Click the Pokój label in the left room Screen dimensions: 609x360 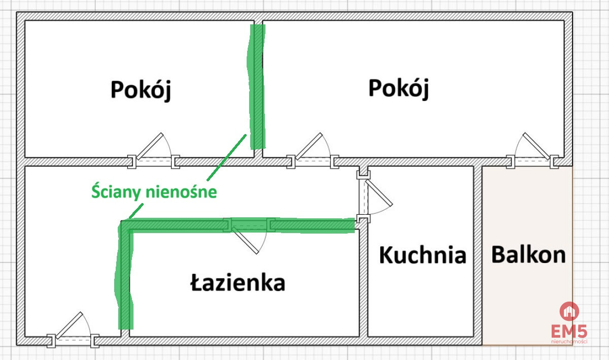point(141,90)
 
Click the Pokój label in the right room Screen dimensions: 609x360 point(398,89)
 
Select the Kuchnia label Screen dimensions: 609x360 point(423,255)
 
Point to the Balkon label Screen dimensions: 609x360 point(528,254)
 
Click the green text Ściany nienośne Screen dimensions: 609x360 point(154,192)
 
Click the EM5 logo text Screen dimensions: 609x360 point(569,331)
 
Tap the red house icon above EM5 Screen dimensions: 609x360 point(569,311)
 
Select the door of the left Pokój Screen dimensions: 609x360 point(154,150)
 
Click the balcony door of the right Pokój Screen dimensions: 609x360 point(532,150)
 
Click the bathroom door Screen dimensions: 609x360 point(249,236)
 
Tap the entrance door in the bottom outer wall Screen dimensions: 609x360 point(73,330)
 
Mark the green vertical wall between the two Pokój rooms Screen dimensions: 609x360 point(256,87)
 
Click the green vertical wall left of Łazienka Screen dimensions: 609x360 point(124,275)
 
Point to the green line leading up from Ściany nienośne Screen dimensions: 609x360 point(227,157)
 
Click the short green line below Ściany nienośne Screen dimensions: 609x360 point(136,211)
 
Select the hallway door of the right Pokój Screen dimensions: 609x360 point(313,150)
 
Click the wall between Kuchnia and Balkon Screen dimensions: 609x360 point(478,256)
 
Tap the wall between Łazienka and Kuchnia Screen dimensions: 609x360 point(363,283)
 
